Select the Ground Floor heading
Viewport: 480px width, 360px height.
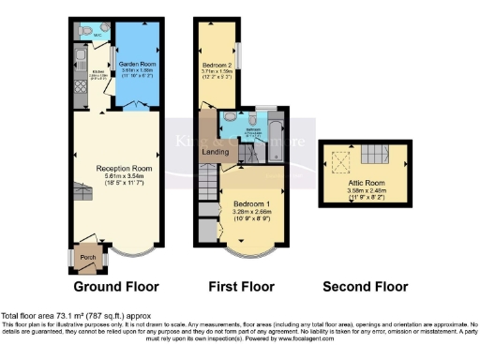[118, 286]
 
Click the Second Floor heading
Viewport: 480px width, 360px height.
[366, 286]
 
